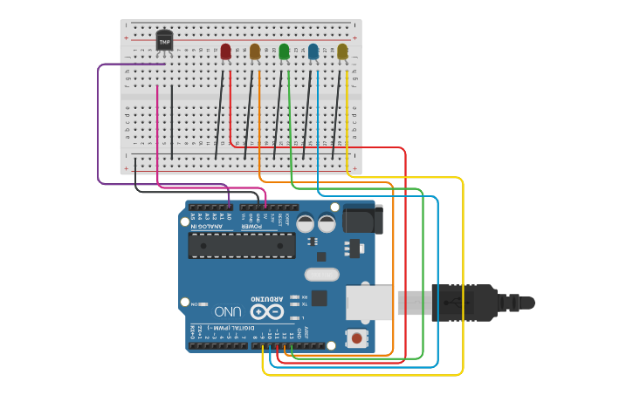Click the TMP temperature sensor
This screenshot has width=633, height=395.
pos(164,40)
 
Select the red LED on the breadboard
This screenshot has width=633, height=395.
pos(226,52)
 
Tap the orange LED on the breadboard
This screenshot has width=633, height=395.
pos(255,52)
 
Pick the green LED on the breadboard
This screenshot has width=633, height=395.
pos(284,52)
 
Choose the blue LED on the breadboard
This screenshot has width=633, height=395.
pos(313,52)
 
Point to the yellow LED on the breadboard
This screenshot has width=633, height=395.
pos(342,52)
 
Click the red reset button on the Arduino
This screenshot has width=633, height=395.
pos(356,337)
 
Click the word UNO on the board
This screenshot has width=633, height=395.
pos(228,311)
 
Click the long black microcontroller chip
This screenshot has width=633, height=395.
pos(241,246)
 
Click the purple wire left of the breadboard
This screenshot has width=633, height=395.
pos(99,122)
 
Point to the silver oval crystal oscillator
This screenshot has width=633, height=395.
pos(321,275)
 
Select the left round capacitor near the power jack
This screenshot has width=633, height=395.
pos(306,223)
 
